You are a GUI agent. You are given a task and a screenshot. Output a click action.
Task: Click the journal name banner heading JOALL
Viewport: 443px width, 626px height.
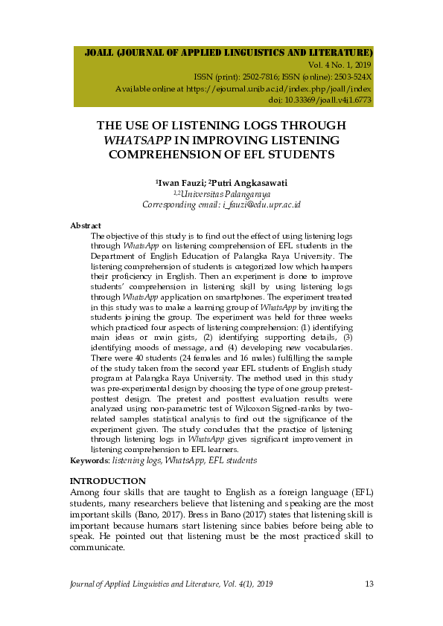pyautogui.click(x=229, y=54)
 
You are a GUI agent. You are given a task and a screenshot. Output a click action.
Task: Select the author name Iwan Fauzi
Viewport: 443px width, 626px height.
pyautogui.click(x=179, y=182)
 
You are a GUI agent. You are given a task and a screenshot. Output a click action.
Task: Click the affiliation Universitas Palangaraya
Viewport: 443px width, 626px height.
pyautogui.click(x=221, y=193)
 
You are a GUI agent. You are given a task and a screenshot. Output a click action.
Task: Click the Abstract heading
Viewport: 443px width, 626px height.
pyautogui.click(x=86, y=225)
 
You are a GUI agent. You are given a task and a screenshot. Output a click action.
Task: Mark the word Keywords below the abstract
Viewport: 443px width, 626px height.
pyautogui.click(x=88, y=461)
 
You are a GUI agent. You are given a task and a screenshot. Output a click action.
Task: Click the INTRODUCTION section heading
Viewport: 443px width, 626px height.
pyautogui.click(x=107, y=482)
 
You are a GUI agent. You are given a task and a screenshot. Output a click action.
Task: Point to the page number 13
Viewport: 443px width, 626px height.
pyautogui.click(x=369, y=584)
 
